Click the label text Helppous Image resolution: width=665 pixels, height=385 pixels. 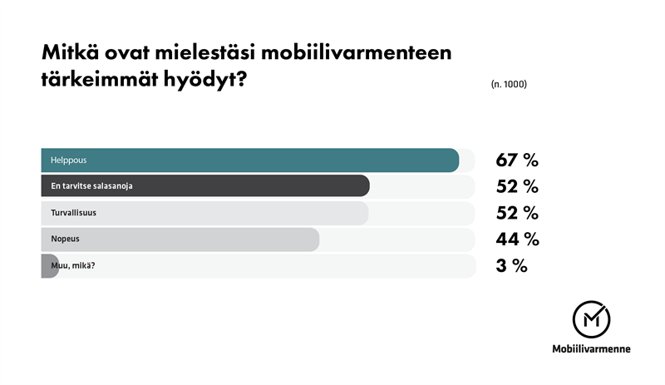(69, 160)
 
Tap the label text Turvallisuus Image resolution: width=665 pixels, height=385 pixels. (74, 213)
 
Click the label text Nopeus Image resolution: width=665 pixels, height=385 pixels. (65, 239)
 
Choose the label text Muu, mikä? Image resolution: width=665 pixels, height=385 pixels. (74, 266)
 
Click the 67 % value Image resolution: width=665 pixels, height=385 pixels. (517, 160)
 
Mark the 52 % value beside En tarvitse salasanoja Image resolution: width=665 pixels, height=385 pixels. (517, 186)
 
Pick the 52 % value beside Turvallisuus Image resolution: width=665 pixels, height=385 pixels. (517, 213)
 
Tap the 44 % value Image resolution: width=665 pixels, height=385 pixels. (517, 239)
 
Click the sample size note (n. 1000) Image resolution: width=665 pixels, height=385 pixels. (509, 85)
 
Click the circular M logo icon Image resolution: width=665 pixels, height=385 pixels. (591, 318)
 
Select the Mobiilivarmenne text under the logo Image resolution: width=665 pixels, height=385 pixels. (591, 349)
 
